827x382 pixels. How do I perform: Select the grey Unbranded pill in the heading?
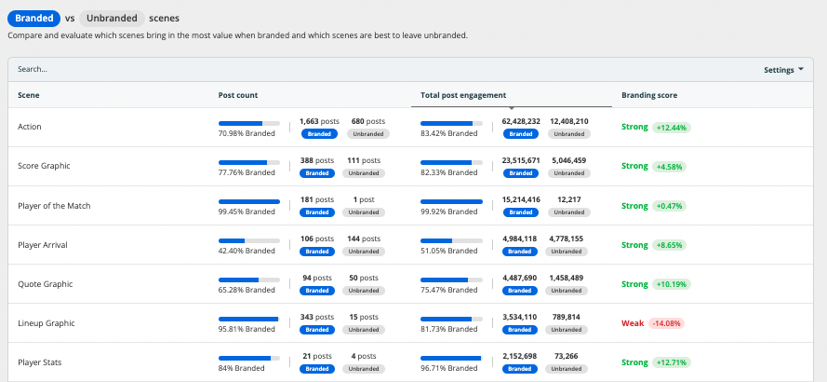click(112, 18)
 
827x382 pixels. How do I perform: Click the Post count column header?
click(238, 95)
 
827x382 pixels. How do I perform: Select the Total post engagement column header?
click(463, 95)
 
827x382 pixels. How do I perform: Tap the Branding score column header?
click(649, 95)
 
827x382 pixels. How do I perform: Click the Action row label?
click(30, 127)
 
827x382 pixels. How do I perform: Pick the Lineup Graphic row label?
click(46, 323)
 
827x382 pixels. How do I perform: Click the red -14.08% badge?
click(667, 323)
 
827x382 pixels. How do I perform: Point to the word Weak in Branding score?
click(633, 323)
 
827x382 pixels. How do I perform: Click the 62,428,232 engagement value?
click(521, 121)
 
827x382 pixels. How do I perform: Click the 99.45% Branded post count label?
click(247, 211)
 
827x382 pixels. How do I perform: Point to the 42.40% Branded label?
click(247, 251)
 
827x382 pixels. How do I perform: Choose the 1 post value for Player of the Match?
click(364, 199)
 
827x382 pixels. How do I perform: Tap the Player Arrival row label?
click(42, 245)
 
